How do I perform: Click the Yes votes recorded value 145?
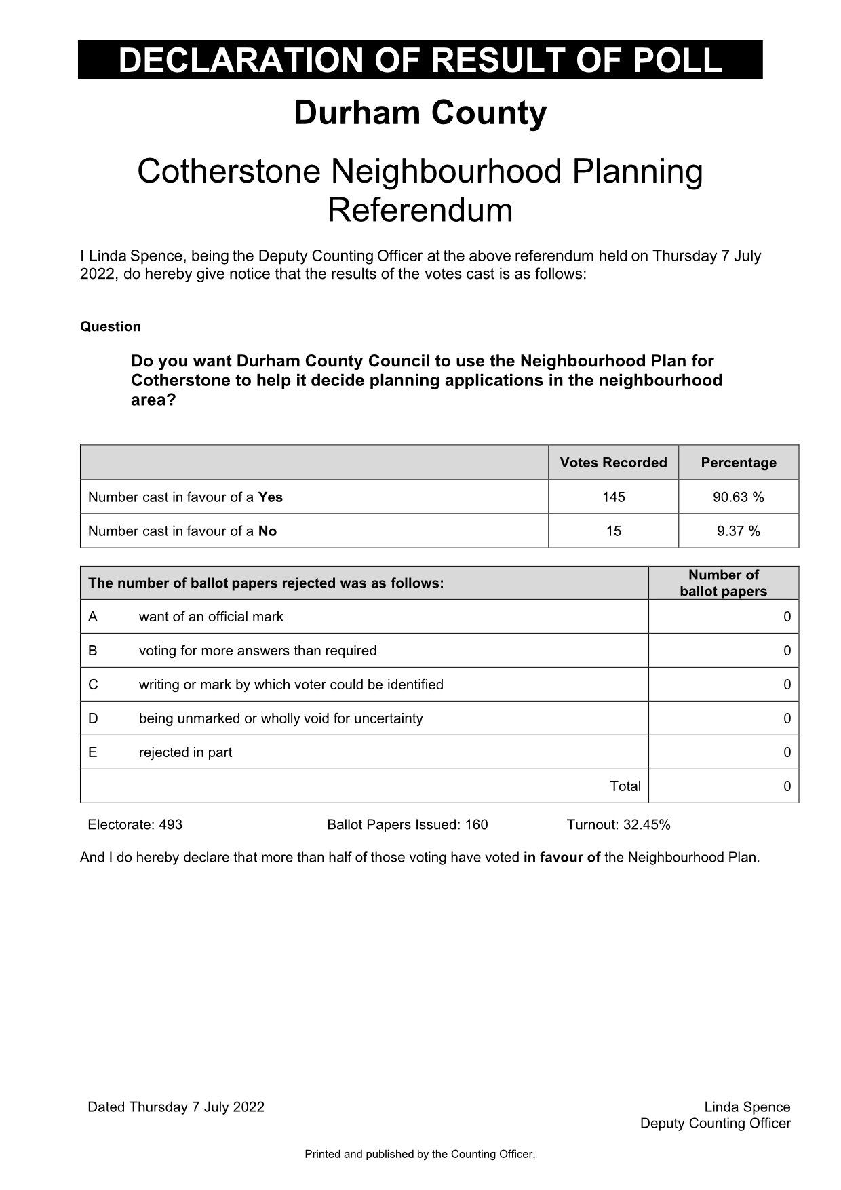[x=613, y=497]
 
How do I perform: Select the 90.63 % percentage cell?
[x=738, y=497]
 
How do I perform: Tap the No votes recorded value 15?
[x=613, y=531]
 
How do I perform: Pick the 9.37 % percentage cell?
[x=738, y=531]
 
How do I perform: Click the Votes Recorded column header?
[x=613, y=463]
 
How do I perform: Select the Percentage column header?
[x=738, y=463]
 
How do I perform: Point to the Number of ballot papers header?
[x=723, y=583]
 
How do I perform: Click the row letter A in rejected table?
[x=93, y=617]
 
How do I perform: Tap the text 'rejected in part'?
[x=185, y=752]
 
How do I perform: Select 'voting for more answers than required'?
[x=258, y=651]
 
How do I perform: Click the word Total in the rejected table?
[x=625, y=786]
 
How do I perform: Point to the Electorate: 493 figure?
[x=135, y=825]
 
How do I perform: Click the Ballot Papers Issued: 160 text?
[x=407, y=825]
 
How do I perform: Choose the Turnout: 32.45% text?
[x=618, y=825]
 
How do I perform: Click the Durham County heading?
[x=420, y=113]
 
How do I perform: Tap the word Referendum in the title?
[x=420, y=210]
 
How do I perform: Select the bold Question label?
[x=111, y=326]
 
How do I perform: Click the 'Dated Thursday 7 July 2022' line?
[x=176, y=1107]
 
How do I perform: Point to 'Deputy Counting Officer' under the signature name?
[x=715, y=1124]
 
